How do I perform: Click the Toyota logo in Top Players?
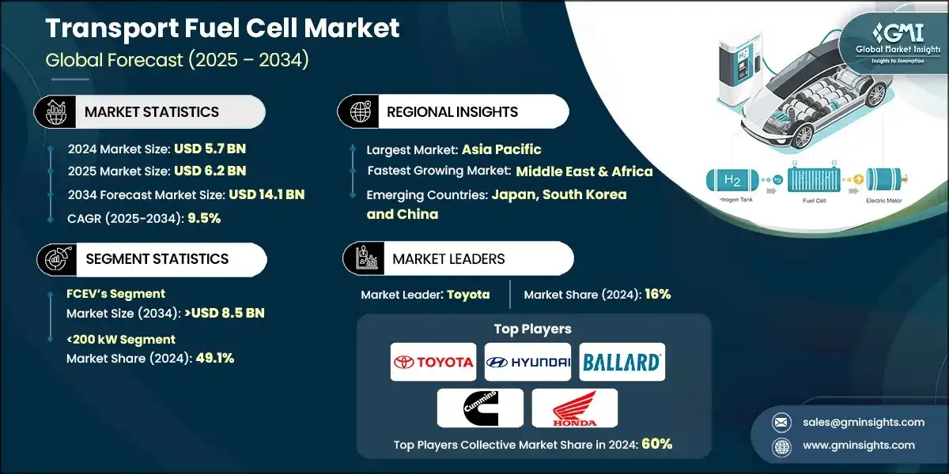[x=433, y=363]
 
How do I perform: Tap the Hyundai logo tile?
[x=527, y=363]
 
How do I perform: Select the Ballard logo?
[x=622, y=363]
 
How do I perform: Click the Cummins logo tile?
[x=480, y=408]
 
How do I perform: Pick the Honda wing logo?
[x=574, y=408]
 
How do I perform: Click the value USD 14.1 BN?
[x=267, y=194]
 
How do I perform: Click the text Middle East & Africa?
[x=584, y=171]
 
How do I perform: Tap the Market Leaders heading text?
[x=448, y=259]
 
